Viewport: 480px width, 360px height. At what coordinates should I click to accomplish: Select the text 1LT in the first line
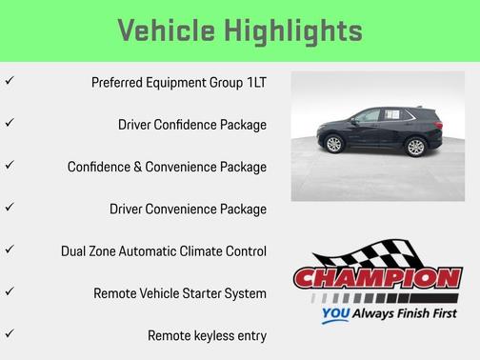click(x=254, y=83)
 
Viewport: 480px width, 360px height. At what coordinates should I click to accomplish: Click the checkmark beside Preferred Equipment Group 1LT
click(x=10, y=81)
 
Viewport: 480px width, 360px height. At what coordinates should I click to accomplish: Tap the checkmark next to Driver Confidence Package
click(x=10, y=123)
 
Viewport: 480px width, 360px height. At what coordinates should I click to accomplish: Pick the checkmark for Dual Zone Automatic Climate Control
click(x=10, y=250)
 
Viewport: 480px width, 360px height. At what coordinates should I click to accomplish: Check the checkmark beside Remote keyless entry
click(x=10, y=333)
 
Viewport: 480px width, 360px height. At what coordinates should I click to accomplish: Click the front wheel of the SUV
click(x=333, y=145)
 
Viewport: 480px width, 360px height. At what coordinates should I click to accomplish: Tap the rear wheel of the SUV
click(x=414, y=146)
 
